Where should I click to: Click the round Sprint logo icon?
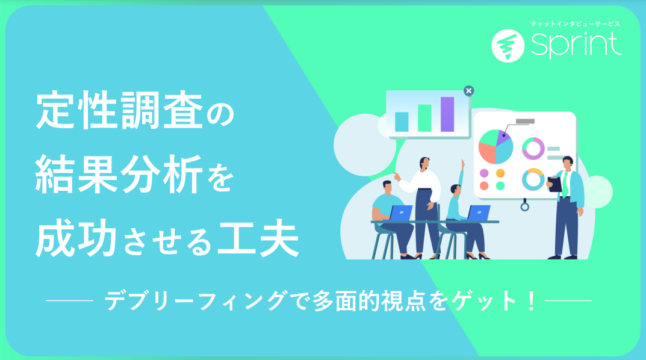point(508,46)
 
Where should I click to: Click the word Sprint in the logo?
point(576,45)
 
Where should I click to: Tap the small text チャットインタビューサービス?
point(575,24)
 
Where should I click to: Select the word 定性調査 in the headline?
point(119,110)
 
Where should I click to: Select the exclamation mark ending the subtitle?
point(532,300)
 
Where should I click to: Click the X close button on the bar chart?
point(468,91)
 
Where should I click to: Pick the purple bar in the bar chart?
point(447,114)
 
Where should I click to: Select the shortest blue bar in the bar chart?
point(402,122)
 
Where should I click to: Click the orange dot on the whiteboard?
point(500,173)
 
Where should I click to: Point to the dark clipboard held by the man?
point(555,185)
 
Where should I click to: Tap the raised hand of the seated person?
point(463,164)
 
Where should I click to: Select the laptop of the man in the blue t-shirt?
point(400,213)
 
